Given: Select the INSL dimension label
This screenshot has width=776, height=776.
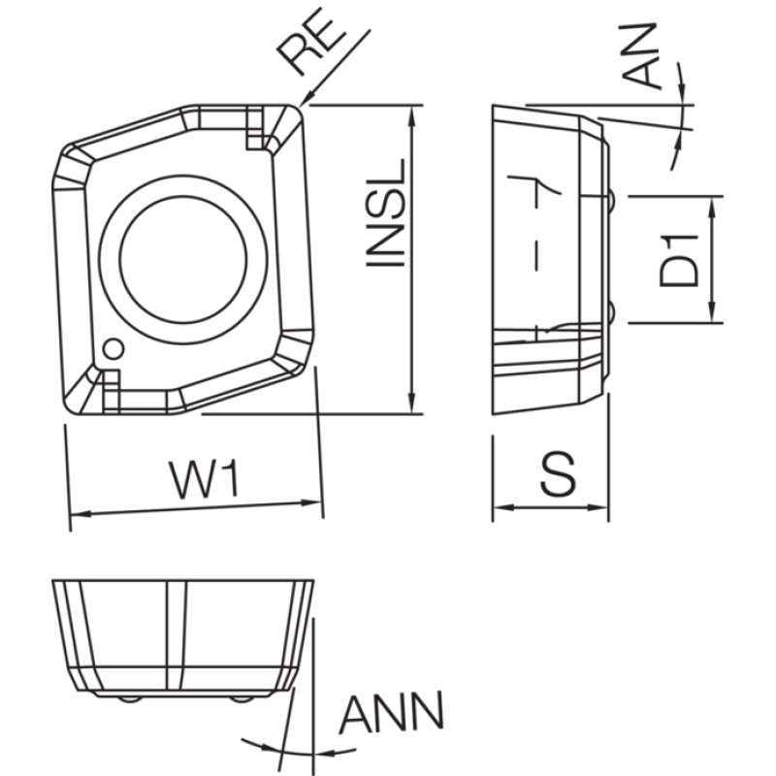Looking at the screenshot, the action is click(385, 212).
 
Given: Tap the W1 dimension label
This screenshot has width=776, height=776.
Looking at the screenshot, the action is click(204, 479).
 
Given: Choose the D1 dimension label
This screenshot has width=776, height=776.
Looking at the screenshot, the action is click(679, 261).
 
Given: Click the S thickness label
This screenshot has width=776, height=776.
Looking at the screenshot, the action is click(558, 473).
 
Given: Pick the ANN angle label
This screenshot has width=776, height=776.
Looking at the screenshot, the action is click(391, 713).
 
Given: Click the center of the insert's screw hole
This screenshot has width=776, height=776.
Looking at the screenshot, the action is click(183, 259).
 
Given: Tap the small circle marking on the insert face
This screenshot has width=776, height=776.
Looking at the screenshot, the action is click(113, 349).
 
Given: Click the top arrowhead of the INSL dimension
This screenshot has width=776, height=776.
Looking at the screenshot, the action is click(412, 115).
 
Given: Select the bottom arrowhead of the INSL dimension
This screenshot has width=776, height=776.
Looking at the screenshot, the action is click(412, 404).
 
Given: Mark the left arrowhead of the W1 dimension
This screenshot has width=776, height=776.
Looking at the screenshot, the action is click(81, 514).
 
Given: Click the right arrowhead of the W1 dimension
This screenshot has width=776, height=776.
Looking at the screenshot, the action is click(311, 502).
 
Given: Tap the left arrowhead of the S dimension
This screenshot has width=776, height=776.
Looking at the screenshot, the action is click(504, 507).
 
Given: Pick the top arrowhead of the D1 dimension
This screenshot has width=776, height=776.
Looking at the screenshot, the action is click(712, 207).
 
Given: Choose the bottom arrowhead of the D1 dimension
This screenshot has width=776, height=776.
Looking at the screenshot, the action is click(712, 312).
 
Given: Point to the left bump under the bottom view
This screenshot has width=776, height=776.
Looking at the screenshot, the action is click(130, 699).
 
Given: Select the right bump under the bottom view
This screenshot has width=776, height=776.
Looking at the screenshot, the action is click(242, 699).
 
